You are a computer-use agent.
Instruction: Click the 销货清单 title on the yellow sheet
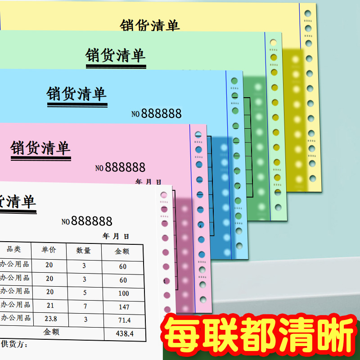click(x=149, y=25)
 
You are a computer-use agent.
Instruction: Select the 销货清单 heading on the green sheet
click(x=116, y=55)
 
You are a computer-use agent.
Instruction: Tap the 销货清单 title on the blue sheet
click(x=76, y=94)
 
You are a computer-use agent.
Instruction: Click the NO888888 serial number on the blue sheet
click(x=157, y=113)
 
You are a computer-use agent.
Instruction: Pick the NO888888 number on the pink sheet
click(x=120, y=167)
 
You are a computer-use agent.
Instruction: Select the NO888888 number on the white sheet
click(x=87, y=221)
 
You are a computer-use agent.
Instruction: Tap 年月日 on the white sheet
click(x=116, y=236)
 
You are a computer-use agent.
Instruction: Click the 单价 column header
click(x=49, y=250)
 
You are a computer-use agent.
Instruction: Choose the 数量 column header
click(x=84, y=251)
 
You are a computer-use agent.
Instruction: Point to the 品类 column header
click(x=13, y=249)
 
